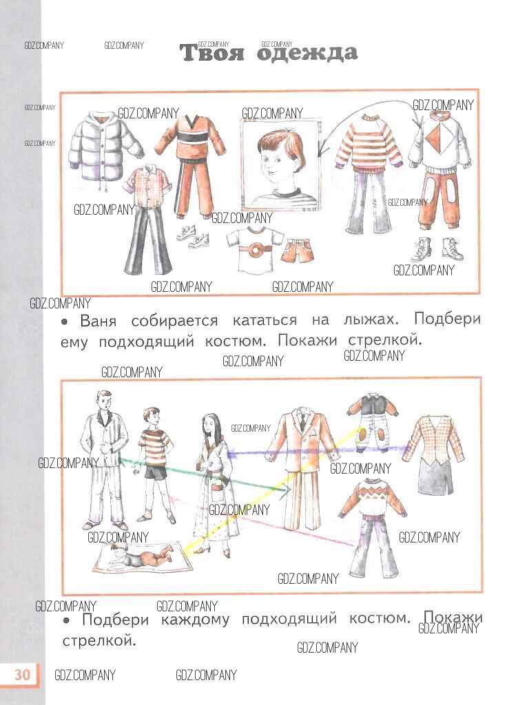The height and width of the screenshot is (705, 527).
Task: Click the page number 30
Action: pos(22,675)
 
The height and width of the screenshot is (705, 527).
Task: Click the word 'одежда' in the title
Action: pos(307,53)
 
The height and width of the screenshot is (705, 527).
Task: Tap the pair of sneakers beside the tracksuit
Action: pos(193,235)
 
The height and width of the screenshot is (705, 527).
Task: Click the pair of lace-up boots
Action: pos(437,249)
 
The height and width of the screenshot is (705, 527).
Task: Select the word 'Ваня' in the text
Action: pos(98,321)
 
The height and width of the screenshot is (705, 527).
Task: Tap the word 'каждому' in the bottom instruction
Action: pos(196,620)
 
